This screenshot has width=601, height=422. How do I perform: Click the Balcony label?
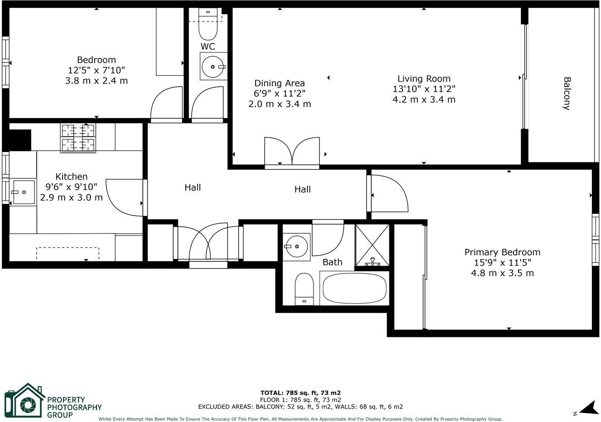[566, 94]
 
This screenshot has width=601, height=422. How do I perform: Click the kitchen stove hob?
[78, 138]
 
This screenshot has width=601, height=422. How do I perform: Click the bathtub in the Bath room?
[354, 289]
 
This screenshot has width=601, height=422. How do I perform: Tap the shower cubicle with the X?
[372, 245]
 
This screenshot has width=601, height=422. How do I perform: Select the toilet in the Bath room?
[304, 288]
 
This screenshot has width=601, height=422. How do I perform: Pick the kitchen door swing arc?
[123, 197]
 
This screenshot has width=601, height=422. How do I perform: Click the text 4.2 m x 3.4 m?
[424, 100]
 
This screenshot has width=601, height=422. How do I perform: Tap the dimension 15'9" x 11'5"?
[502, 263]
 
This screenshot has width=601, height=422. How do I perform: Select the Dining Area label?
[279, 83]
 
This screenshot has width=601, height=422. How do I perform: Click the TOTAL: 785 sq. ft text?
[300, 393]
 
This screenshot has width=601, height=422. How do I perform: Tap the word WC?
[208, 46]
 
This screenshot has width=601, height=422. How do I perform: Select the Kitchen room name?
[72, 177]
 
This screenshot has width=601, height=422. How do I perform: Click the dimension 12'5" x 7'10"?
[96, 70]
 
